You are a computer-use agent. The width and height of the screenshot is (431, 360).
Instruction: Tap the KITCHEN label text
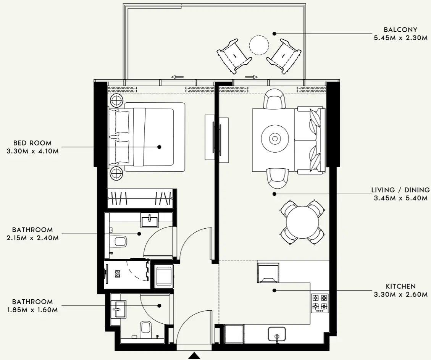(x=400, y=286)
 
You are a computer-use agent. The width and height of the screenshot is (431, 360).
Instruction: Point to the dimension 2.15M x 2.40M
(x=32, y=238)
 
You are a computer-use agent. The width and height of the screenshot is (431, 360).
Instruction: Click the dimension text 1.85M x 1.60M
(x=32, y=310)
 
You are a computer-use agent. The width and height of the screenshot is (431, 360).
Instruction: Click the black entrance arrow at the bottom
(x=195, y=356)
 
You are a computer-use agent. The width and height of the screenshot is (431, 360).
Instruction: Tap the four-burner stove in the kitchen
(x=320, y=303)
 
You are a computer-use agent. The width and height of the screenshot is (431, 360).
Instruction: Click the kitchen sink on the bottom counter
(x=278, y=334)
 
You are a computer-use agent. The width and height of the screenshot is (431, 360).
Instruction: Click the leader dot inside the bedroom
(x=159, y=147)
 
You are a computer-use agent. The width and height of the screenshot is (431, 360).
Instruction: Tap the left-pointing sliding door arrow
(x=178, y=77)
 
